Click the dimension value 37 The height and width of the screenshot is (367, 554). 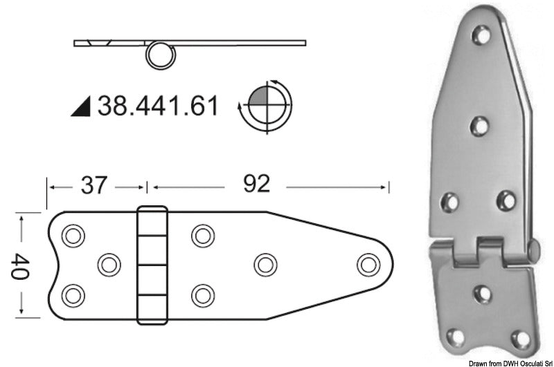(96, 185)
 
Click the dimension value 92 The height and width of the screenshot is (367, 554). (257, 185)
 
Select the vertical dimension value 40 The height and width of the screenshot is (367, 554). (21, 265)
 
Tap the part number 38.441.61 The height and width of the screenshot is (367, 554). (158, 106)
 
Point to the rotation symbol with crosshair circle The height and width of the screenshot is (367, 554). (263, 106)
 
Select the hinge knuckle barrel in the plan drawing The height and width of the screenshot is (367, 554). (152, 265)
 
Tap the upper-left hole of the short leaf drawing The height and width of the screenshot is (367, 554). (71, 235)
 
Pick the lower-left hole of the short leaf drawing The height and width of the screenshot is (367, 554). (71, 295)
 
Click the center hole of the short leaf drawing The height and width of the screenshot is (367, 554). (107, 264)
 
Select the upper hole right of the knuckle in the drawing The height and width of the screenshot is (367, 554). (202, 235)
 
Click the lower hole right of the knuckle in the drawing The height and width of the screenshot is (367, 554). (202, 295)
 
